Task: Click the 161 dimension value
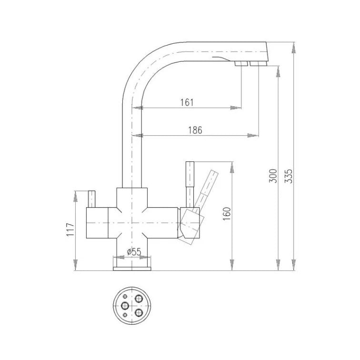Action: pos(187,102)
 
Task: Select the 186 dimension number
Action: pos(195,130)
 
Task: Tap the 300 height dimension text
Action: pos(273,176)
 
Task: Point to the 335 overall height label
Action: pos(289,176)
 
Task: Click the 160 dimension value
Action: pos(227,214)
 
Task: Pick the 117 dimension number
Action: pos(70,230)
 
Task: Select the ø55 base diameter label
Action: pos(134,252)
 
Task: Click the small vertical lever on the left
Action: pos(92,199)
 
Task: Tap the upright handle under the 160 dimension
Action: pos(190,185)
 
